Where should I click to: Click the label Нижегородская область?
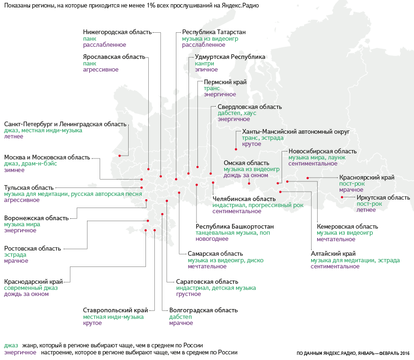click(x=117, y=32)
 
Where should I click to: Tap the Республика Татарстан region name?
click(x=214, y=32)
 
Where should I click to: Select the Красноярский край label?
click(x=367, y=177)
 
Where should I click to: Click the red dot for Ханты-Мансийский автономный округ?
click(x=236, y=149)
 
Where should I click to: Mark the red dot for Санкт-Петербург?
click(x=119, y=156)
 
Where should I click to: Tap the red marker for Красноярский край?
click(x=308, y=178)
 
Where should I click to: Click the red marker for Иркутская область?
click(x=341, y=197)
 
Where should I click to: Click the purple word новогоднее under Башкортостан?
click(x=212, y=239)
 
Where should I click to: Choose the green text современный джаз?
click(x=31, y=288)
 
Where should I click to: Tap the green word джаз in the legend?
click(x=11, y=345)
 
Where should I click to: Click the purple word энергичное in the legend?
click(x=20, y=352)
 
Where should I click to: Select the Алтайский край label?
click(x=333, y=253)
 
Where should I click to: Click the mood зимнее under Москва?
click(x=15, y=170)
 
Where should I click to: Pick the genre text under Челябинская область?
click(x=258, y=205)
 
